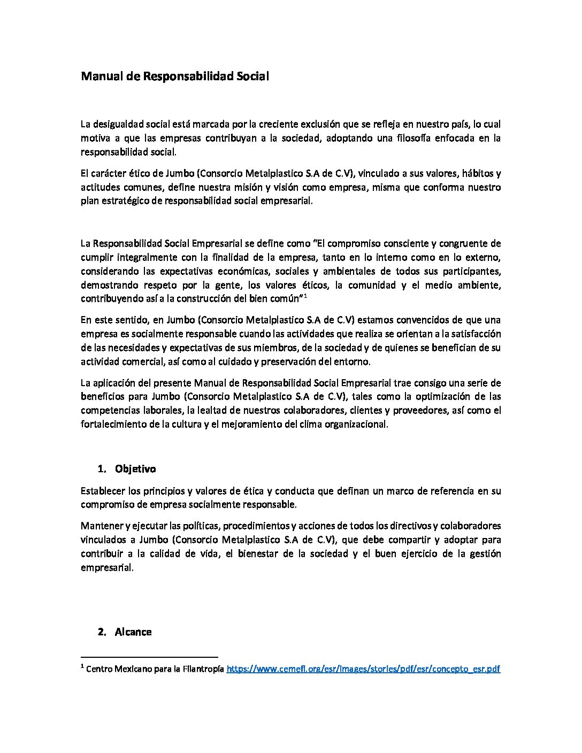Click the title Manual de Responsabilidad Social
tap(174, 76)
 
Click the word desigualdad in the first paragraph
tap(118, 124)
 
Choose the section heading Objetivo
tap(135, 468)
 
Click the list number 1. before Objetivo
tap(102, 468)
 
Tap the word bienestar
tap(256, 553)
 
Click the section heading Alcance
tap(133, 632)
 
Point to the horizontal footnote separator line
tap(149, 656)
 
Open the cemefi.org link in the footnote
tap(363, 669)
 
